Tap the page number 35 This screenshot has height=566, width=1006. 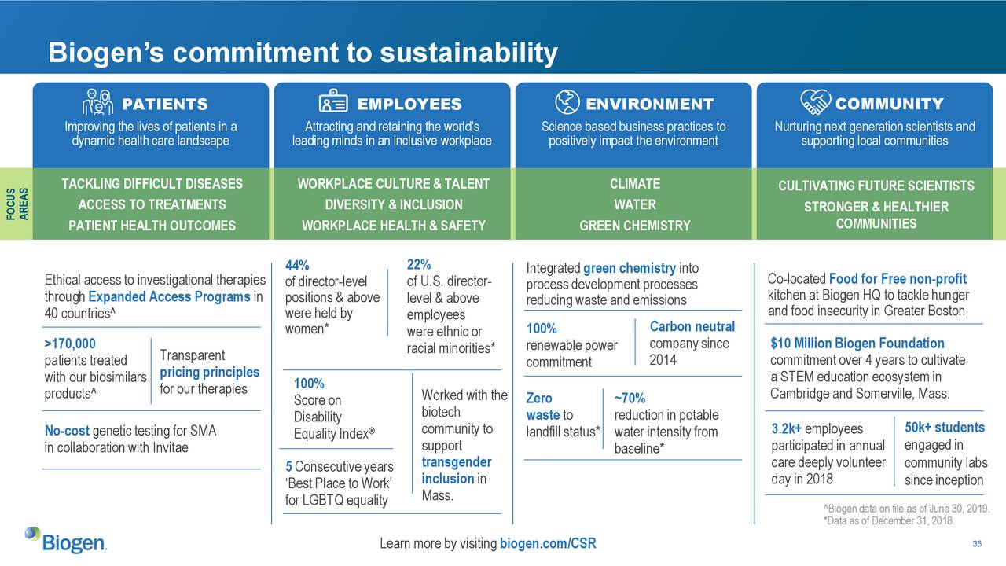[x=978, y=545]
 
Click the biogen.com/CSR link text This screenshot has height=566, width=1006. [x=547, y=544]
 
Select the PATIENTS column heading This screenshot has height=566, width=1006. [x=164, y=105]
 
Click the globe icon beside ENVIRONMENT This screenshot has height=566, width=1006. [x=567, y=102]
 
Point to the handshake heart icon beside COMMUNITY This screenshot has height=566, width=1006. [x=814, y=102]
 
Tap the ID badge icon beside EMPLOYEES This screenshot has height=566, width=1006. [x=334, y=103]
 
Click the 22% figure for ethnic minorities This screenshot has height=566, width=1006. [x=418, y=263]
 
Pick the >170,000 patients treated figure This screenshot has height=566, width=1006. [x=70, y=344]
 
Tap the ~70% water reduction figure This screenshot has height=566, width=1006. [x=630, y=398]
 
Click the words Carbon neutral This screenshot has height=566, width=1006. [x=692, y=326]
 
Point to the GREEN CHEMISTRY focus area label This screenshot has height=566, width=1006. [x=634, y=226]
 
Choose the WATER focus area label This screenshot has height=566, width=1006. [x=634, y=204]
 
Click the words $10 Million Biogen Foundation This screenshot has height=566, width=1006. [x=857, y=344]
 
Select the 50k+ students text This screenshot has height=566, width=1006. [x=944, y=427]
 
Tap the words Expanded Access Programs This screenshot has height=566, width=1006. [x=169, y=296]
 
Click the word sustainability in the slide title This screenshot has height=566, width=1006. [x=468, y=53]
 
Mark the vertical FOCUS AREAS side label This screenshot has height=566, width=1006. [x=17, y=204]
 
